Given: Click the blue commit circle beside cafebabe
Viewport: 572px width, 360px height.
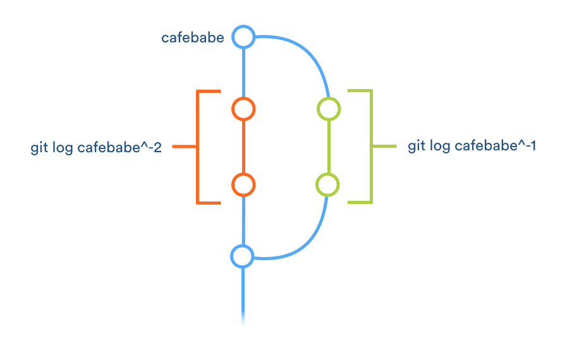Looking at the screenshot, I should pyautogui.click(x=243, y=37).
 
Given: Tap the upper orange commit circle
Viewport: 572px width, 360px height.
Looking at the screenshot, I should pyautogui.click(x=243, y=109).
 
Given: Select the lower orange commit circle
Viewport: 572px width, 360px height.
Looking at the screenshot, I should pyautogui.click(x=243, y=185).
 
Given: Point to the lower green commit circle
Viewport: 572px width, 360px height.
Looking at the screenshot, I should pyautogui.click(x=327, y=185).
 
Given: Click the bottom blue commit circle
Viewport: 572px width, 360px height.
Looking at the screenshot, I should pyautogui.click(x=242, y=256).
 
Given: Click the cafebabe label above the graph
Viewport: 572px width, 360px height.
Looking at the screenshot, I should pyautogui.click(x=193, y=38).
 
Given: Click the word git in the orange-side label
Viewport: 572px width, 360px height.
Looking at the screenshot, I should pyautogui.click(x=38, y=148).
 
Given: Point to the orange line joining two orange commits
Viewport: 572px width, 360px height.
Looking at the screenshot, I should pyautogui.click(x=243, y=147).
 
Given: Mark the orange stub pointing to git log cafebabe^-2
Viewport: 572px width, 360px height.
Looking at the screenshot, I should pyautogui.click(x=185, y=147).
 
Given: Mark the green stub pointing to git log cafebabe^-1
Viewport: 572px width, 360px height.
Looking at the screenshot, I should pyautogui.click(x=384, y=146).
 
